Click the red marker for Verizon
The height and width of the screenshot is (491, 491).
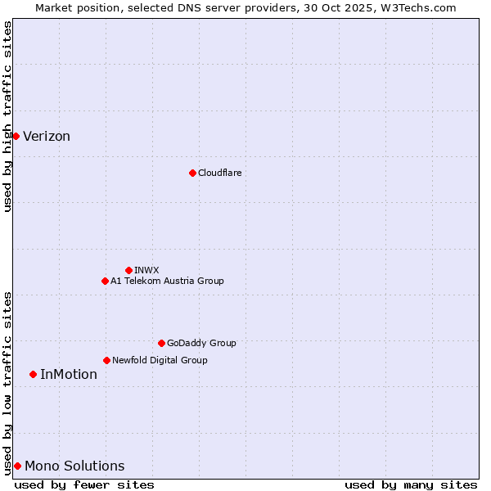[16, 136]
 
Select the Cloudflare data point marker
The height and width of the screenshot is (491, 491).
[192, 173]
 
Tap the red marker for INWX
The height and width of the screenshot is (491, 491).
[128, 270]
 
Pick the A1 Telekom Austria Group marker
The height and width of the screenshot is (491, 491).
[105, 281]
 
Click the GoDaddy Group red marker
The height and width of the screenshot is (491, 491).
[161, 343]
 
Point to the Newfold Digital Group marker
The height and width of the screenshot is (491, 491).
[106, 360]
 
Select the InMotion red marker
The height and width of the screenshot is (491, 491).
[33, 374]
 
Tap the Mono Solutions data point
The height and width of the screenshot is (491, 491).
[17, 466]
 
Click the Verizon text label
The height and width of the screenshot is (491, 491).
[47, 137]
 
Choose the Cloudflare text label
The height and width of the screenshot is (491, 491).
[219, 173]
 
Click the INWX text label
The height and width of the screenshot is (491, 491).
[146, 270]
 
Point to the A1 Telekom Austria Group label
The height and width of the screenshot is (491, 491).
[167, 281]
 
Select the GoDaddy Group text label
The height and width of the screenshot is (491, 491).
[201, 343]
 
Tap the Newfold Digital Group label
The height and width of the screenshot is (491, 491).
[160, 360]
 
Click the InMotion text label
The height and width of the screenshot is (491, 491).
[69, 375]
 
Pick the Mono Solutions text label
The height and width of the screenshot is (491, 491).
[74, 466]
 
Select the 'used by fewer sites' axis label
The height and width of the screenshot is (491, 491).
[84, 484]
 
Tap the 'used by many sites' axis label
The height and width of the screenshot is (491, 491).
[411, 484]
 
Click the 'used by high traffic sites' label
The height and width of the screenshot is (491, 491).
[7, 116]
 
